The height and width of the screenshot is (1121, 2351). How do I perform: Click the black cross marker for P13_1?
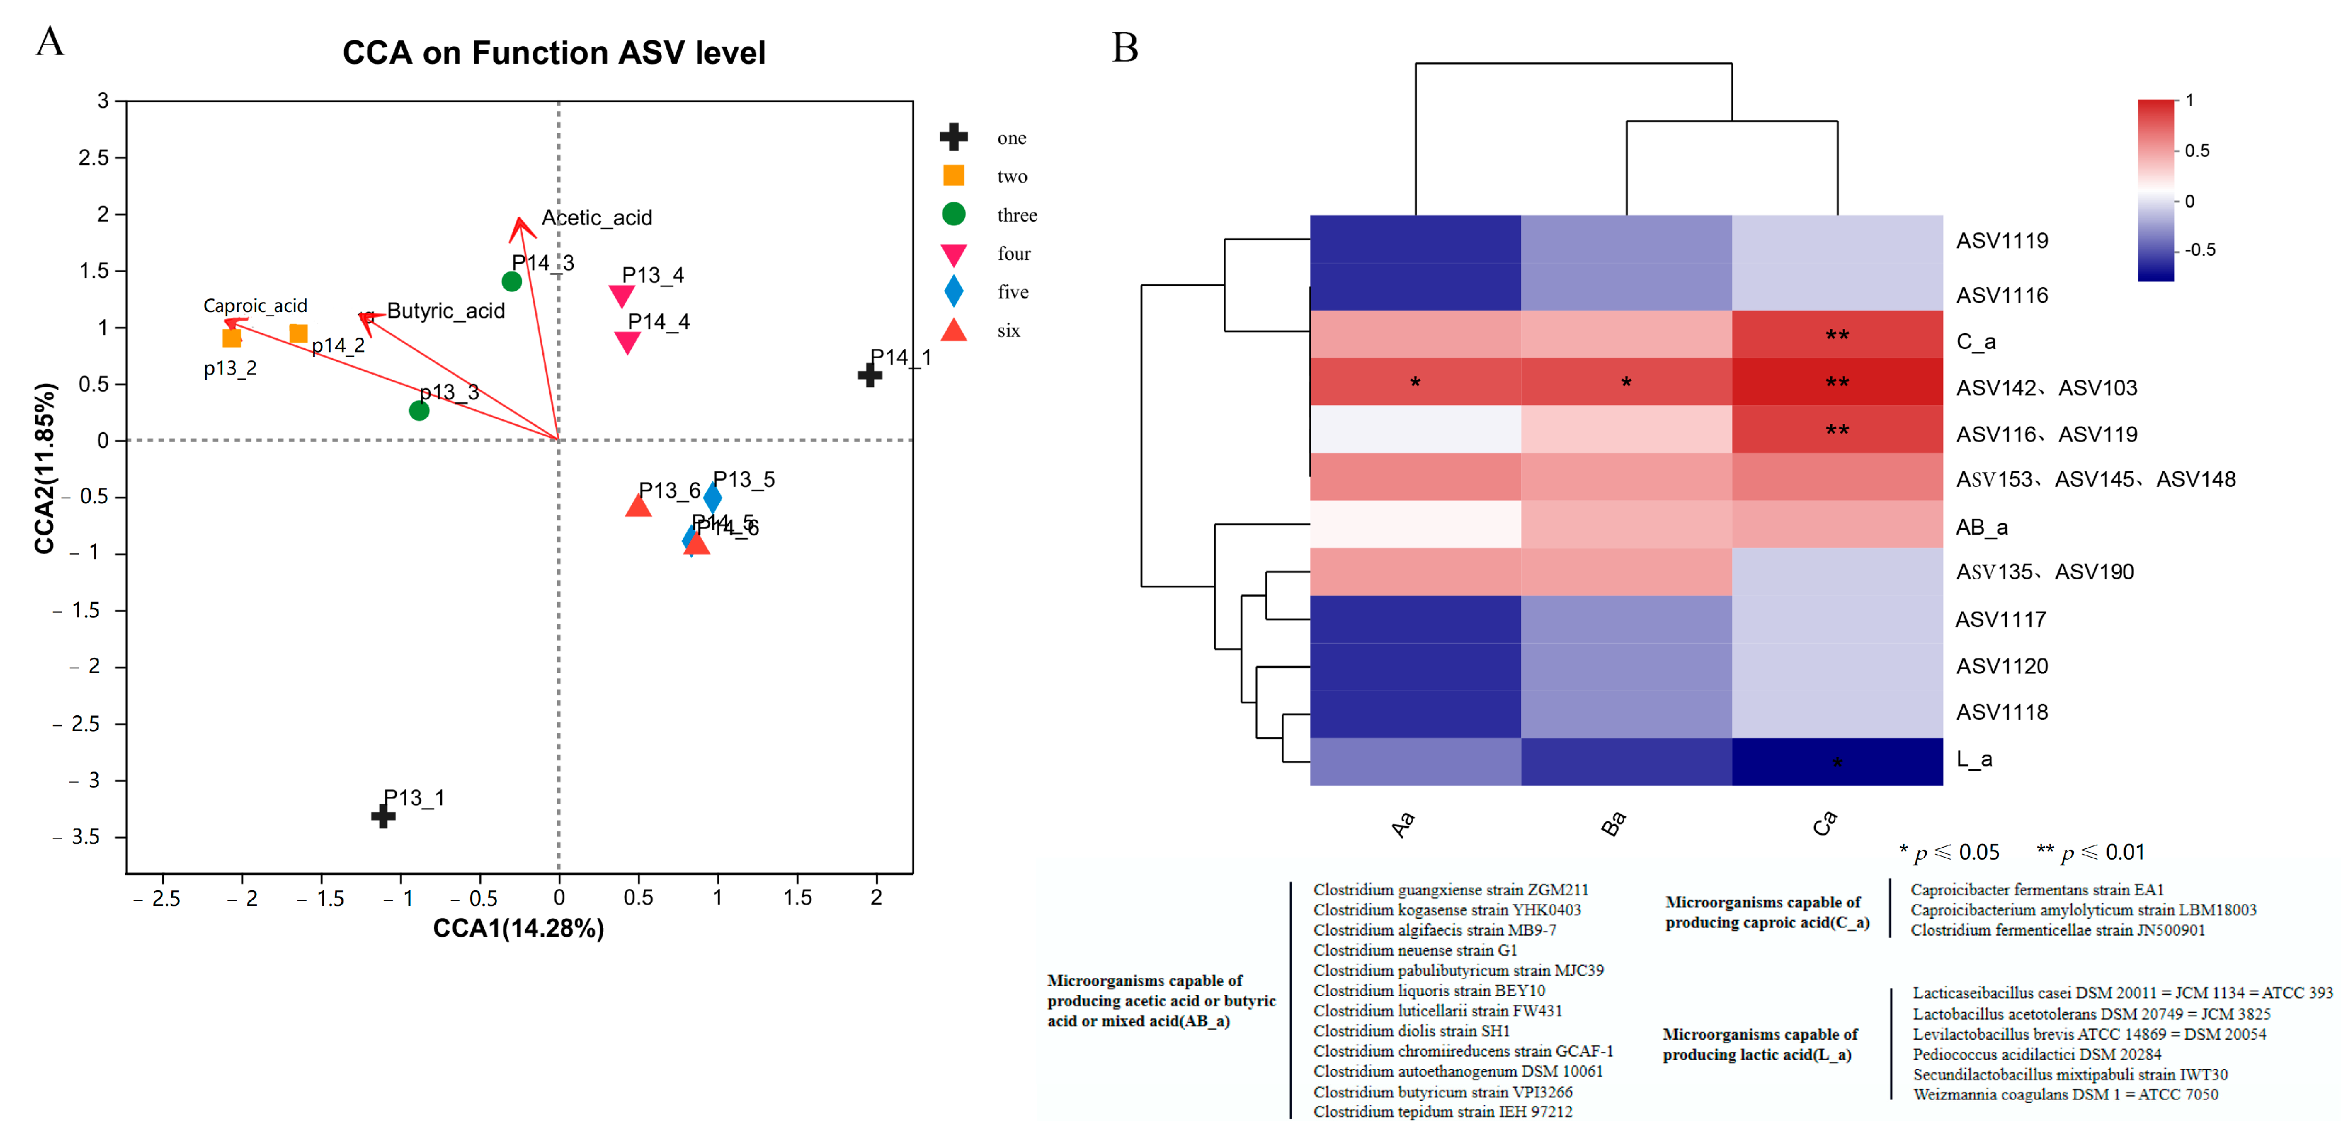383,815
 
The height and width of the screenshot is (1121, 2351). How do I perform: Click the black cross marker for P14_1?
870,374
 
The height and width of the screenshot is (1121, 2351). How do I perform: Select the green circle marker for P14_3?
512,281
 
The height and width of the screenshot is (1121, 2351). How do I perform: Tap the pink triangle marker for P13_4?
621,295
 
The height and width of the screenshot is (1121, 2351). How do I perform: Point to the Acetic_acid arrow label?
597,218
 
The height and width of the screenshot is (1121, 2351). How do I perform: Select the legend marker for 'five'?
954,291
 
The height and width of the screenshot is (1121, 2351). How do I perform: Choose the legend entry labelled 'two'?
1011,176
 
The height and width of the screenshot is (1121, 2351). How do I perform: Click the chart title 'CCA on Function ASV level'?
553,53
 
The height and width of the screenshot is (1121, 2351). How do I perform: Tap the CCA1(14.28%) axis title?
518,928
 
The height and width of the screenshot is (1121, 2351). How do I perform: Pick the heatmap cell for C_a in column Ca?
1836,335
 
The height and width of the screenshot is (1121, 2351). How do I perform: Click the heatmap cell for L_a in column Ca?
1836,762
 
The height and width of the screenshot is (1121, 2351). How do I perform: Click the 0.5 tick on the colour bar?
2197,151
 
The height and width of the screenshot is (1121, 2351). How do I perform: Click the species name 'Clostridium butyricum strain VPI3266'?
1443,1092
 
